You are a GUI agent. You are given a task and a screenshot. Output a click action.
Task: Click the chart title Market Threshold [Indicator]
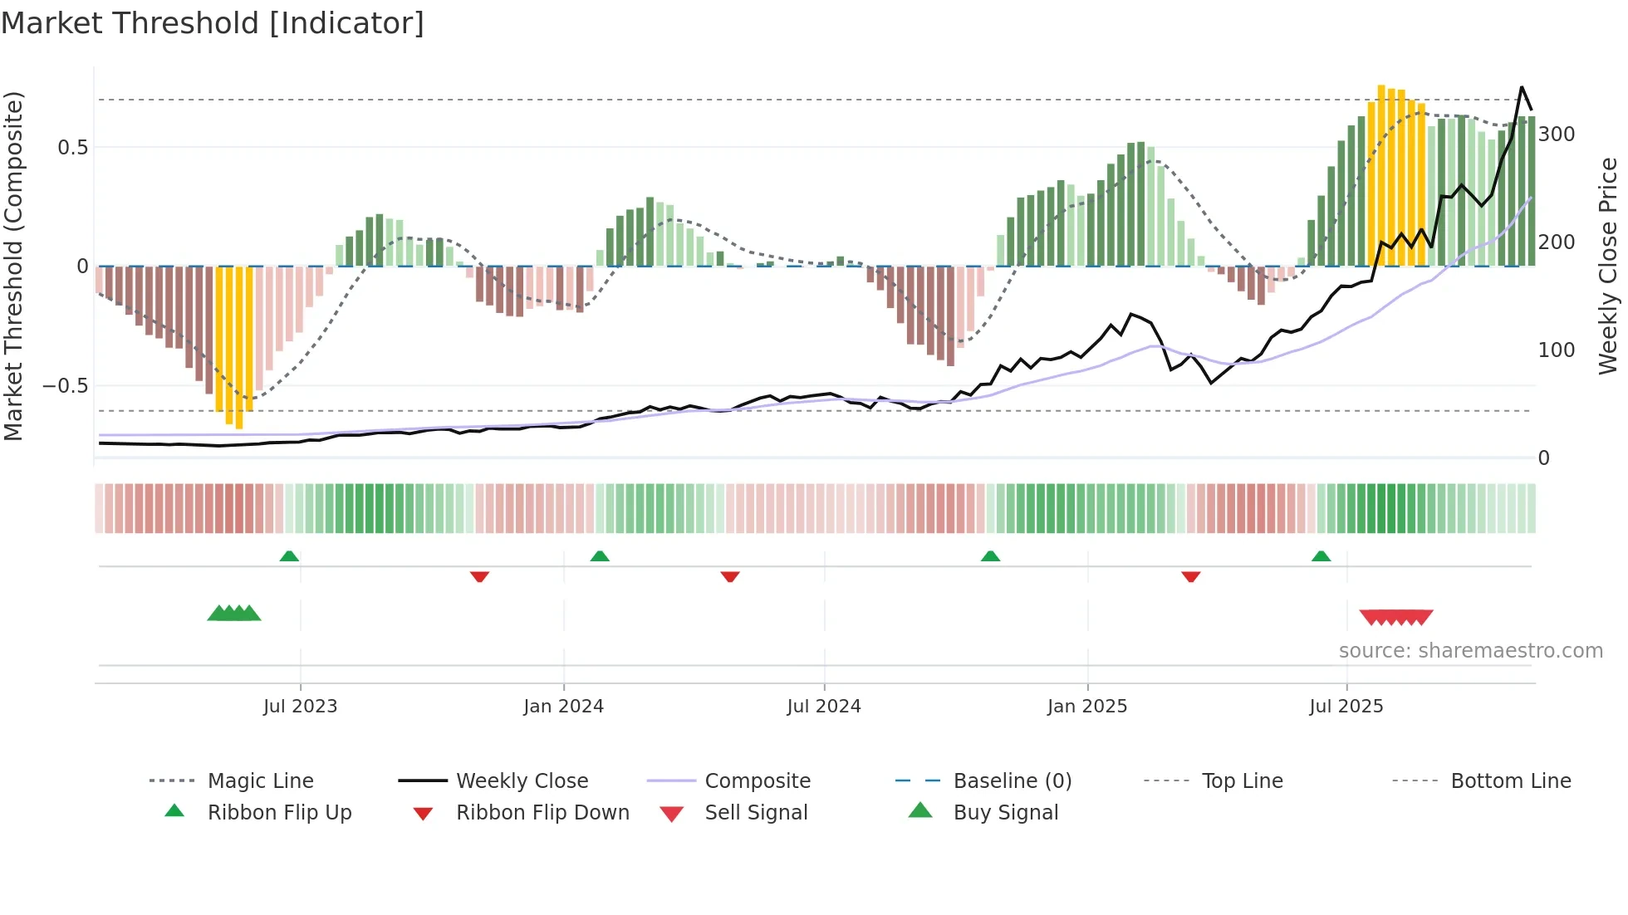[213, 23]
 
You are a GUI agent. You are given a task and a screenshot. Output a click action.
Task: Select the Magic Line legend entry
[260, 781]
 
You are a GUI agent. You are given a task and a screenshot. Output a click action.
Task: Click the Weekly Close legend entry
[522, 781]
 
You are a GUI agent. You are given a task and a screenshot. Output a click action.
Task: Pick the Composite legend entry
[757, 781]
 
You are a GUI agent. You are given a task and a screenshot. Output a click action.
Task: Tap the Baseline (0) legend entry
[1012, 781]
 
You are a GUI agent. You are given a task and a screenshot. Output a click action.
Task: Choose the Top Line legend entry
[1242, 781]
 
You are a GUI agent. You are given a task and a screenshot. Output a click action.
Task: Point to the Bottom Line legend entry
[1510, 781]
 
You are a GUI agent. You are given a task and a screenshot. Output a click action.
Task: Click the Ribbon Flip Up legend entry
[279, 813]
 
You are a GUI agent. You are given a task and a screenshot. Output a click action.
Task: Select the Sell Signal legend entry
[755, 813]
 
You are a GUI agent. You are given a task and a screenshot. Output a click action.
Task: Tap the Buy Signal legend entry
[1005, 813]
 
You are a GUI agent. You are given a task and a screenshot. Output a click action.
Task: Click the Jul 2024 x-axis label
[823, 707]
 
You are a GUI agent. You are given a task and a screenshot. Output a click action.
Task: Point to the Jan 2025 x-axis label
[1086, 707]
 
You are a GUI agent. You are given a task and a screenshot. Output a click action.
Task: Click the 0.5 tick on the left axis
[72, 148]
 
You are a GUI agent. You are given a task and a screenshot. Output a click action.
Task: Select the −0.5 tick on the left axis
[65, 386]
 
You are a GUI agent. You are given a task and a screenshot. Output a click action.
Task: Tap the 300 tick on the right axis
[1557, 135]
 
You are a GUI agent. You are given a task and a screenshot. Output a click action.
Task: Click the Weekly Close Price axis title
[1608, 266]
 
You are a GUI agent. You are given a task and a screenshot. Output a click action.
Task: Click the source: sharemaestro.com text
[1470, 651]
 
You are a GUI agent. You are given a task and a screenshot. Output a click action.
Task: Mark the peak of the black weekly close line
[1522, 87]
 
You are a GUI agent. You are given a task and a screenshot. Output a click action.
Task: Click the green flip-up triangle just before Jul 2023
[289, 556]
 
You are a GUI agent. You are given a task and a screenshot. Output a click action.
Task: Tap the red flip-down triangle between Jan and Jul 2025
[1190, 576]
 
